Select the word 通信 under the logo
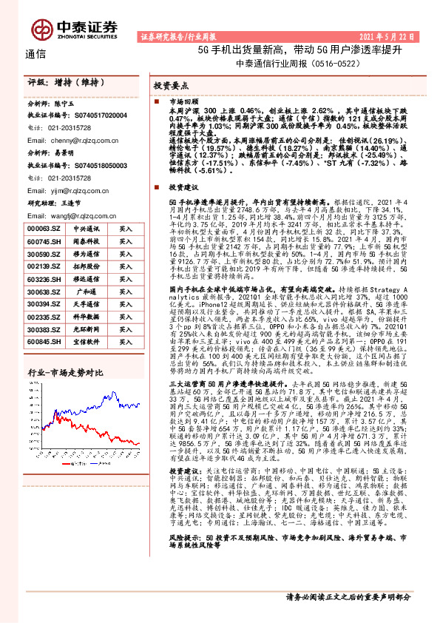(35, 54)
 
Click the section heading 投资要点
(170, 85)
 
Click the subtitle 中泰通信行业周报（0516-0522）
(289, 64)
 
